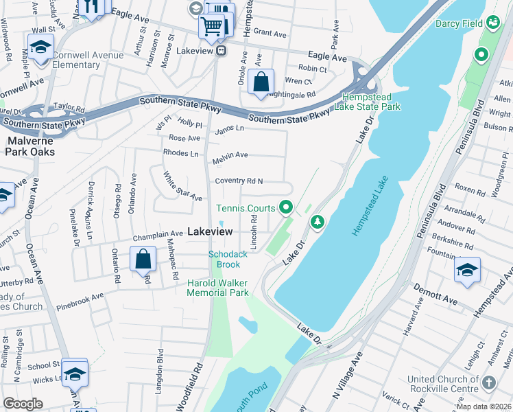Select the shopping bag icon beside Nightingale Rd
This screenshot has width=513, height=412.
261,82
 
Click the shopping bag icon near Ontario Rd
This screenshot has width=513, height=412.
143,260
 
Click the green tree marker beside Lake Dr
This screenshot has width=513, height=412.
316,222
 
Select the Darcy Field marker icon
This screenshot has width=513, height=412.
492,23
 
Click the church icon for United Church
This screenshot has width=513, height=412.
488,382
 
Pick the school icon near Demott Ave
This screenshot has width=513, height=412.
467,269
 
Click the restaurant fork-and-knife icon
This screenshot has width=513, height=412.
91,5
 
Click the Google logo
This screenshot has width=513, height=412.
22,404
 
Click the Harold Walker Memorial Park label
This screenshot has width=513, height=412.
218,288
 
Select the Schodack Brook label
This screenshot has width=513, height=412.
224,260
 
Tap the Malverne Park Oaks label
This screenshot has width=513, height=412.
30,146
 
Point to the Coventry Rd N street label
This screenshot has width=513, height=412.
239,181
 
